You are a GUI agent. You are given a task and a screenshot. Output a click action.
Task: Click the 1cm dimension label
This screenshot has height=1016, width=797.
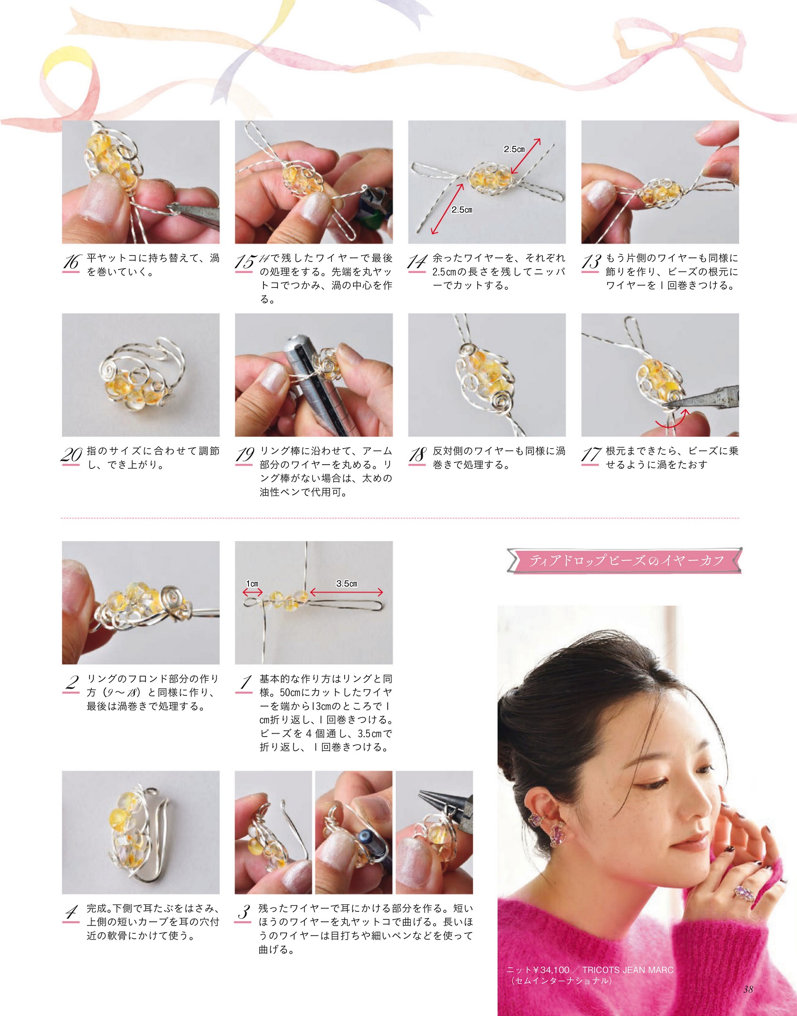click(252, 584)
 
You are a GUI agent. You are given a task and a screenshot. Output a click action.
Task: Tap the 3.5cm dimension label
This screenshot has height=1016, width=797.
click(346, 584)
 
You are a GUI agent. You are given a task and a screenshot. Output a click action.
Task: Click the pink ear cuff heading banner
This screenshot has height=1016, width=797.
click(624, 560)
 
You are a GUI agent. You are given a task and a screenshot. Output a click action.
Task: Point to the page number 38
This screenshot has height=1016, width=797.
click(748, 989)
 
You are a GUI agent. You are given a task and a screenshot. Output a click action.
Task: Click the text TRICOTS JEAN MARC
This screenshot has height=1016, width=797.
click(628, 970)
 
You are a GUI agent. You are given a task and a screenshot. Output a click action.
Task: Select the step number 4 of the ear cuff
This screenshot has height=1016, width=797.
click(71, 912)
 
